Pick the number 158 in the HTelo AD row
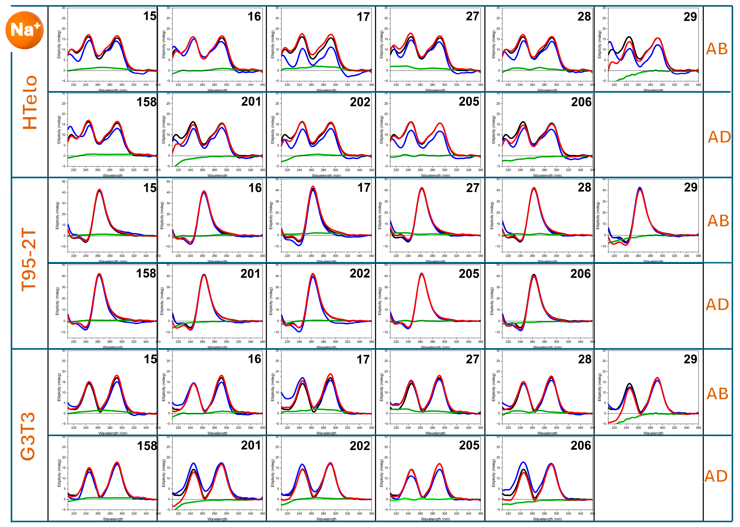[146, 102]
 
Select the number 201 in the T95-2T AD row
[250, 274]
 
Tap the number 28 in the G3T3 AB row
[584, 359]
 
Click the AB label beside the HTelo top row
[717, 49]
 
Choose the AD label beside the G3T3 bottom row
[716, 476]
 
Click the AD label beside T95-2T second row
[717, 304]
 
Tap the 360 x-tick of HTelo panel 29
[698, 85]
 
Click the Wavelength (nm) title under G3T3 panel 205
[435, 519]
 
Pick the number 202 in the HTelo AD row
[360, 102]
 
